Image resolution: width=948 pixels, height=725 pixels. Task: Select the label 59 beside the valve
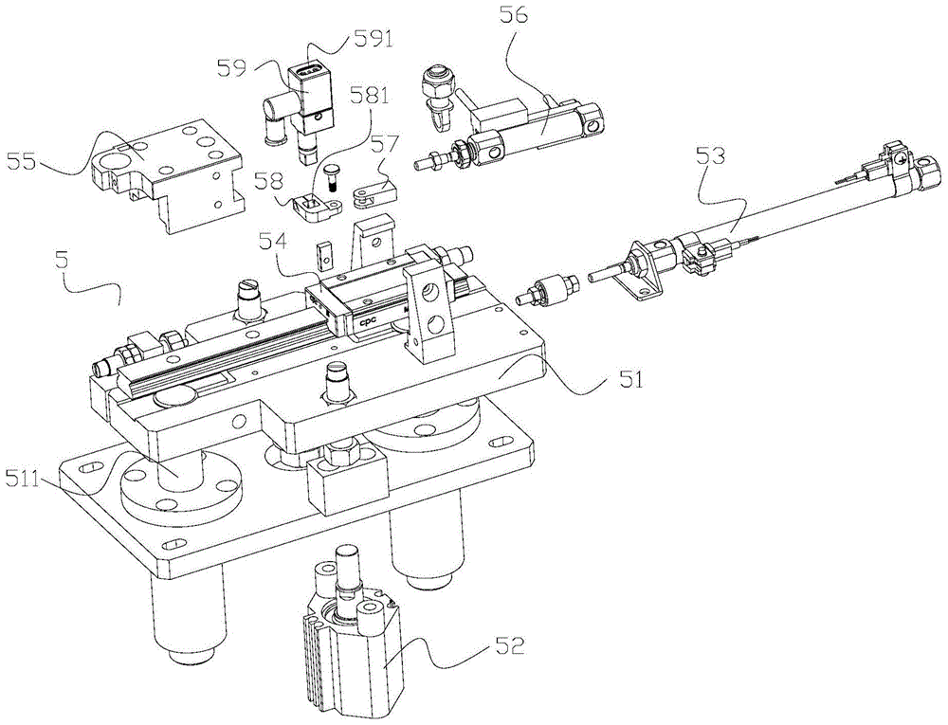pos(234,67)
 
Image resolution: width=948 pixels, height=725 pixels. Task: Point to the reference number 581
pos(370,96)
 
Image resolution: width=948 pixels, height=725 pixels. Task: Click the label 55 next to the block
pos(21,162)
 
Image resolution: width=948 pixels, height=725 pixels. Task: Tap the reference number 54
pos(273,242)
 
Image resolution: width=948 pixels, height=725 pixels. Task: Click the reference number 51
pos(629,380)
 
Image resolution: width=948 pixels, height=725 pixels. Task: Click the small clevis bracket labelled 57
pos(373,193)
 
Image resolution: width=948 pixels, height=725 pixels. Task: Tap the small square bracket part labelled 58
pos(313,206)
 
